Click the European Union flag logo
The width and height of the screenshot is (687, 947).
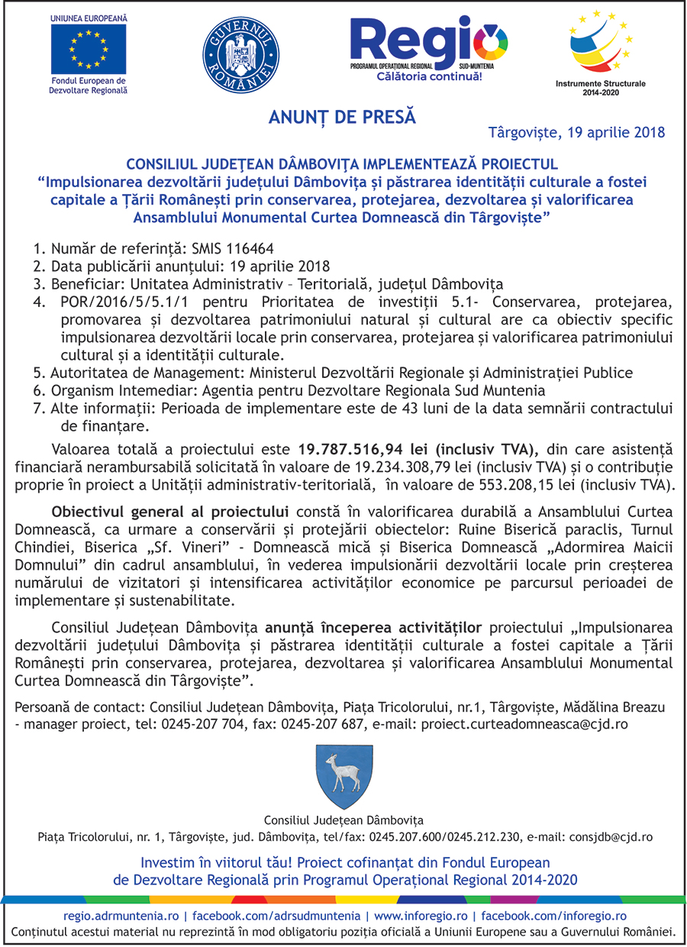coord(89,49)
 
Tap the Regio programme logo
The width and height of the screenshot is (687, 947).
coord(427,46)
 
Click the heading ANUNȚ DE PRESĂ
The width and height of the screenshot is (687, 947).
coord(342,118)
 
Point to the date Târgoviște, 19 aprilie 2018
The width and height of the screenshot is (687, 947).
coord(576,132)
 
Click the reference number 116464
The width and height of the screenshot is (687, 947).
coord(249,249)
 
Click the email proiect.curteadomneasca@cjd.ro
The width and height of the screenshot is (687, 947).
coord(524,724)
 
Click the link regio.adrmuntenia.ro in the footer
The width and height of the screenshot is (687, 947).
coord(123,916)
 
